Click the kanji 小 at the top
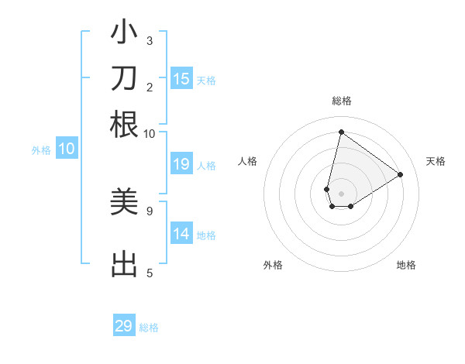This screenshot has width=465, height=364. point(124,36)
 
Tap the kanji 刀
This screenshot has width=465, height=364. point(124,80)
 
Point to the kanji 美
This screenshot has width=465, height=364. point(124,203)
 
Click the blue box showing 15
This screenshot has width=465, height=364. point(181,79)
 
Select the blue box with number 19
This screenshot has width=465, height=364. point(181,164)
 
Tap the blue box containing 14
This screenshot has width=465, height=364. point(181,234)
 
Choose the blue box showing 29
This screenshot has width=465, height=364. point(124,326)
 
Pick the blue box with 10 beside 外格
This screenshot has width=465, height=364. point(67,149)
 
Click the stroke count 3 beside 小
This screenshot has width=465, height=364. point(150,40)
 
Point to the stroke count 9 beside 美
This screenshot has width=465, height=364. point(149,210)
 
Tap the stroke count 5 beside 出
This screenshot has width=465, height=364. point(150,272)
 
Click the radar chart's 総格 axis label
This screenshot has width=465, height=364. point(342,101)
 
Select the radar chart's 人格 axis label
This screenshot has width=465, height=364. point(248,161)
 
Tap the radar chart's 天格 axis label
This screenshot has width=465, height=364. point(436,161)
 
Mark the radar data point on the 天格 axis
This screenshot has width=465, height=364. point(401,174)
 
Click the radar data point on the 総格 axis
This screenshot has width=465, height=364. point(341,132)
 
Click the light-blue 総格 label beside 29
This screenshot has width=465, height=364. point(149,328)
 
